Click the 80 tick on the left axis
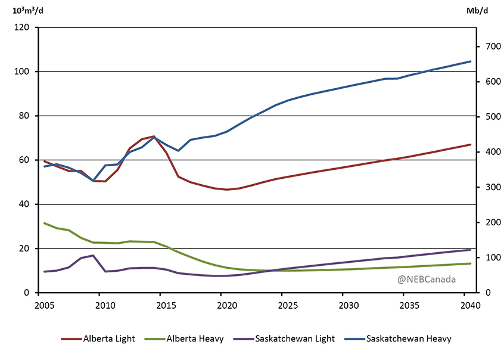click(25, 116)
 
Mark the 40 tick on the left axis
click(25, 204)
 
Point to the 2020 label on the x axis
click(221, 306)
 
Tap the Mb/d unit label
click(480, 10)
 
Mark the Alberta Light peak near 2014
click(154, 136)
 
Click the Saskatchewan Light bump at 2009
click(93, 256)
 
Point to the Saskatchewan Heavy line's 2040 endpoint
click(471, 61)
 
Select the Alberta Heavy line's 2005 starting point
click(45, 223)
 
